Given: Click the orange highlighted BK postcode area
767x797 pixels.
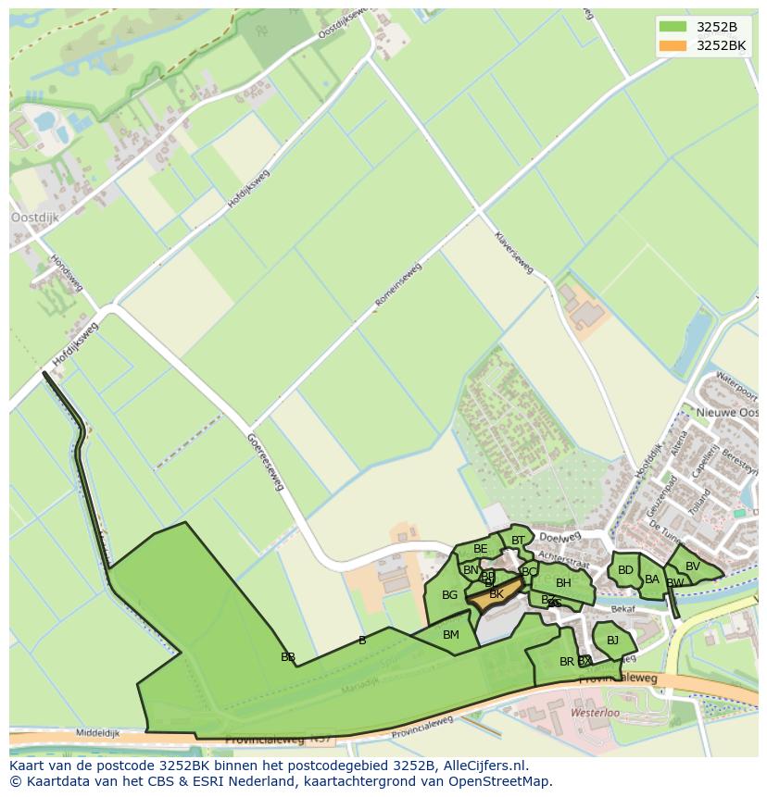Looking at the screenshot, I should [x=495, y=593].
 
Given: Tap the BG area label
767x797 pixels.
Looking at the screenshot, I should [x=449, y=595].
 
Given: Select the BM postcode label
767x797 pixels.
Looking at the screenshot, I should [x=451, y=635].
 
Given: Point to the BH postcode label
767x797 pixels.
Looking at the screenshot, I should [x=563, y=583].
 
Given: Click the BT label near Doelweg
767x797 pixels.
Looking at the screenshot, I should [x=518, y=541].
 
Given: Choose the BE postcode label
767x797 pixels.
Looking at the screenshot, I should [x=480, y=550].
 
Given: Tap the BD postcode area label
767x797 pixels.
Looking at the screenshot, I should [x=625, y=570].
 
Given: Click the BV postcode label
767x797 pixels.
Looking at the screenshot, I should [x=693, y=567].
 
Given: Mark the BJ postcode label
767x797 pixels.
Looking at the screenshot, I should [x=612, y=640].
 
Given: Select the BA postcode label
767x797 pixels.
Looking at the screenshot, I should [x=652, y=579].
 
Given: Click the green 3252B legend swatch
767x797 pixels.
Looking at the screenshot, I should [x=673, y=26].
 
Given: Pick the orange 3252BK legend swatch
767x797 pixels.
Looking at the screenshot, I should [x=673, y=45].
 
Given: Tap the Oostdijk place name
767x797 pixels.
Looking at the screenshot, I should [x=34, y=218].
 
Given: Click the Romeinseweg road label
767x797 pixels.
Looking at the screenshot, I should [x=398, y=284].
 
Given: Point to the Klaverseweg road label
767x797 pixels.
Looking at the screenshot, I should [x=513, y=253].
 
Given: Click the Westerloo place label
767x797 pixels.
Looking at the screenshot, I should [x=595, y=715].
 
